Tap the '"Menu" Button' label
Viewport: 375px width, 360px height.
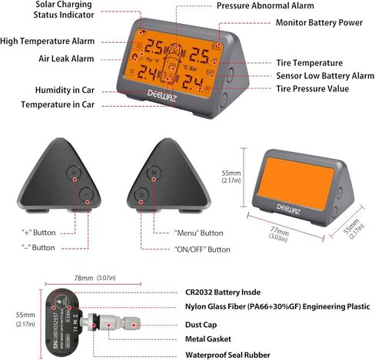click(x=188, y=233)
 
